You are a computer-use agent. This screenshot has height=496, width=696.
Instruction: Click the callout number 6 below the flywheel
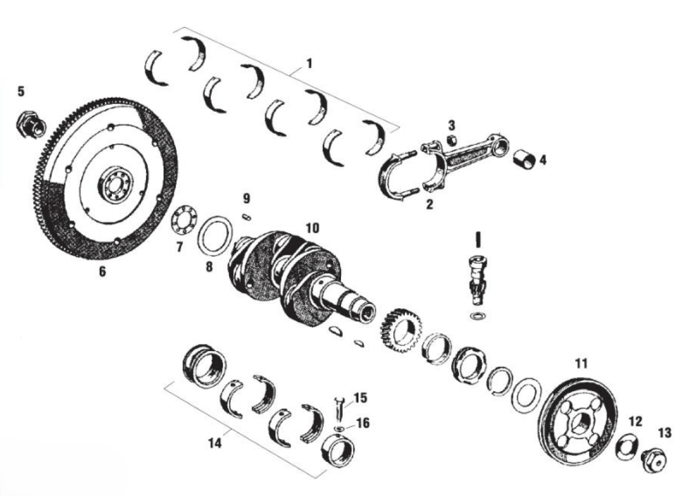coord(102,272)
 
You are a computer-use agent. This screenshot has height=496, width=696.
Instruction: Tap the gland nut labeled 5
coord(30,126)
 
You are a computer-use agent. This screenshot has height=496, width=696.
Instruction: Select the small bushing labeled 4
coord(524,160)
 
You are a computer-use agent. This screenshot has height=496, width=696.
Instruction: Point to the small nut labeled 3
coord(451,140)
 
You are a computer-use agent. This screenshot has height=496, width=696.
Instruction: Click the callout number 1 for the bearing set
coord(309,64)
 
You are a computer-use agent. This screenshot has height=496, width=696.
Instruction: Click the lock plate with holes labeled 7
coord(184,220)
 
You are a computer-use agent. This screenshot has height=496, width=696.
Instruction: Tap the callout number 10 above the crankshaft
coord(312,228)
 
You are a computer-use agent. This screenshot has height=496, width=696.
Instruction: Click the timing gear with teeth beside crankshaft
coord(401,336)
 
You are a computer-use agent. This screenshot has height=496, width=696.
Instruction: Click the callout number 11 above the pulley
coord(581,363)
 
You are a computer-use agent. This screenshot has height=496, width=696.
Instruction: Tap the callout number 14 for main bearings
coord(215,443)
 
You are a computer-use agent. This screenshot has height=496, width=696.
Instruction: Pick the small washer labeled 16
coord(339,429)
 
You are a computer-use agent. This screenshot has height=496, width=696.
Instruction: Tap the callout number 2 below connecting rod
coord(429,204)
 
